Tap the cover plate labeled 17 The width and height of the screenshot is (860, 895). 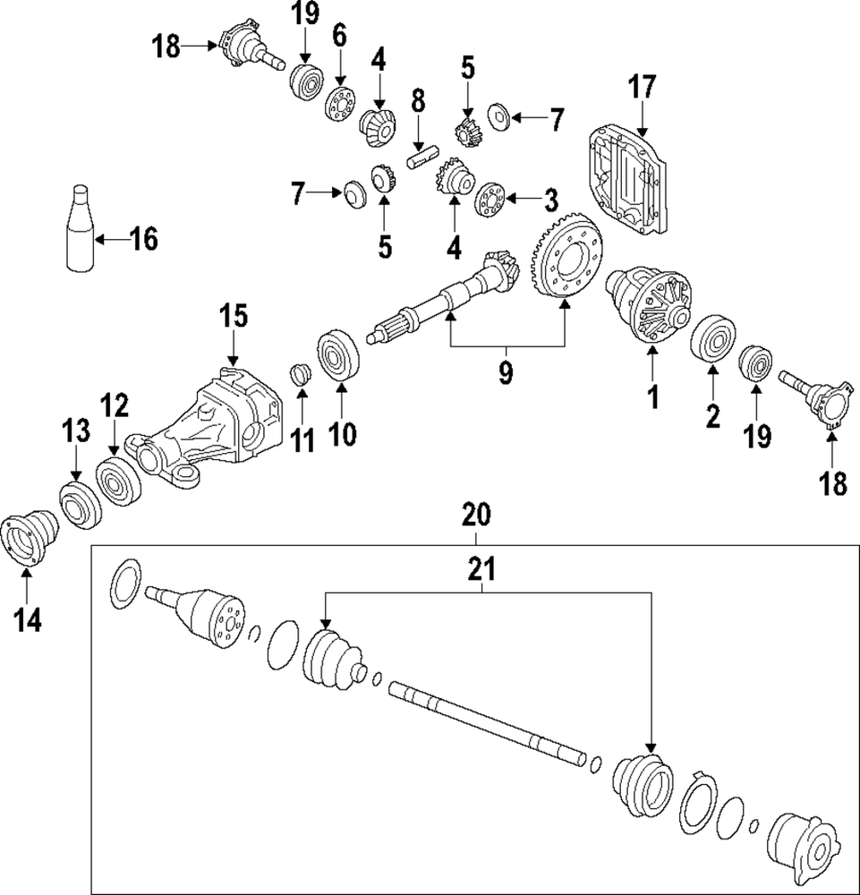[627, 183]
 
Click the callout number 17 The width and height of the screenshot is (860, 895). [643, 88]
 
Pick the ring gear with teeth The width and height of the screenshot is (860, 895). [563, 259]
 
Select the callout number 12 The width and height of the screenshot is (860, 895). [115, 407]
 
